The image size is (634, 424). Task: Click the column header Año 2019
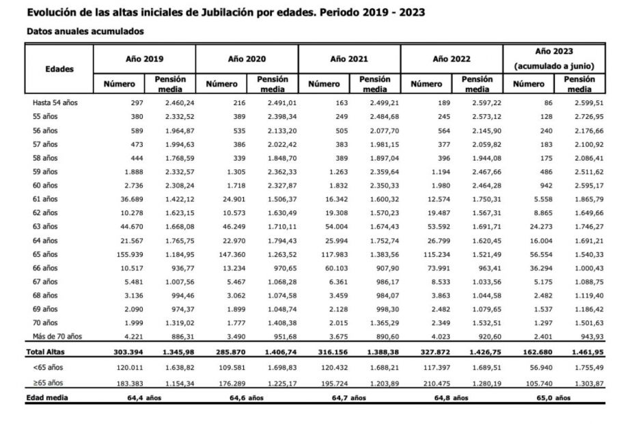(144, 59)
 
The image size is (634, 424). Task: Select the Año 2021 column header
(348, 59)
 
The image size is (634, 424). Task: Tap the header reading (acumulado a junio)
(554, 66)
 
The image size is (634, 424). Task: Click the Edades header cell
(59, 69)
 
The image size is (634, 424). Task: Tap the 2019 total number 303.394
(123, 352)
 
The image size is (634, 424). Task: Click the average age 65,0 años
(553, 397)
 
